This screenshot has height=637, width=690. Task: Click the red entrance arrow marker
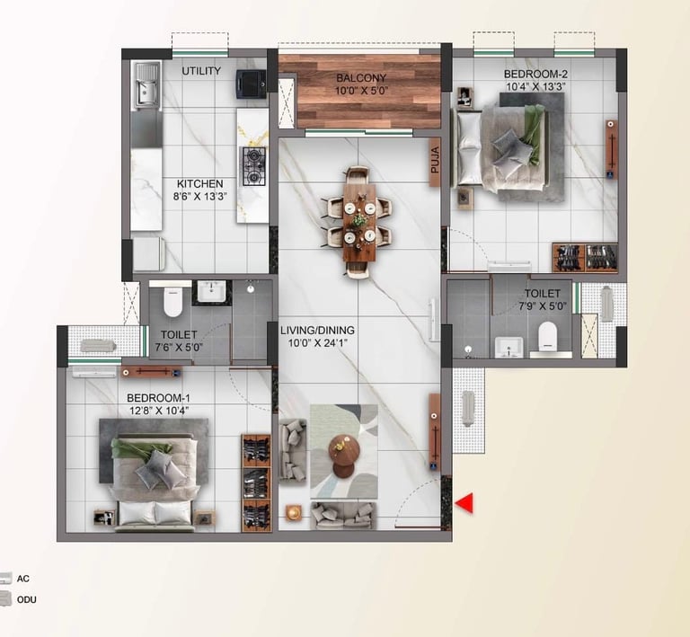pos(464,504)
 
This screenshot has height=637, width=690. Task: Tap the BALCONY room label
pos(361,78)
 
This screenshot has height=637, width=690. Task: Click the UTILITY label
pos(201,71)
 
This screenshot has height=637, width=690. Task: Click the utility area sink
pos(146,90)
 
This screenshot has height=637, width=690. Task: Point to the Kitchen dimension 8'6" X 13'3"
pos(199,197)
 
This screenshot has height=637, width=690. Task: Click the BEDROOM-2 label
pos(535,74)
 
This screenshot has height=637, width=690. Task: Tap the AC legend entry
pos(22,579)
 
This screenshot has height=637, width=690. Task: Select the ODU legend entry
pos(25,599)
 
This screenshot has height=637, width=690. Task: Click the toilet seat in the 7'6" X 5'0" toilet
pos(172,301)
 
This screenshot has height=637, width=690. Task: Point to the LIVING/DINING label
pos(316,329)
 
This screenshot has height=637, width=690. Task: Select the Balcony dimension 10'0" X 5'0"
pos(361,91)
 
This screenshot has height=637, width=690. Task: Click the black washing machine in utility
pos(251,84)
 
